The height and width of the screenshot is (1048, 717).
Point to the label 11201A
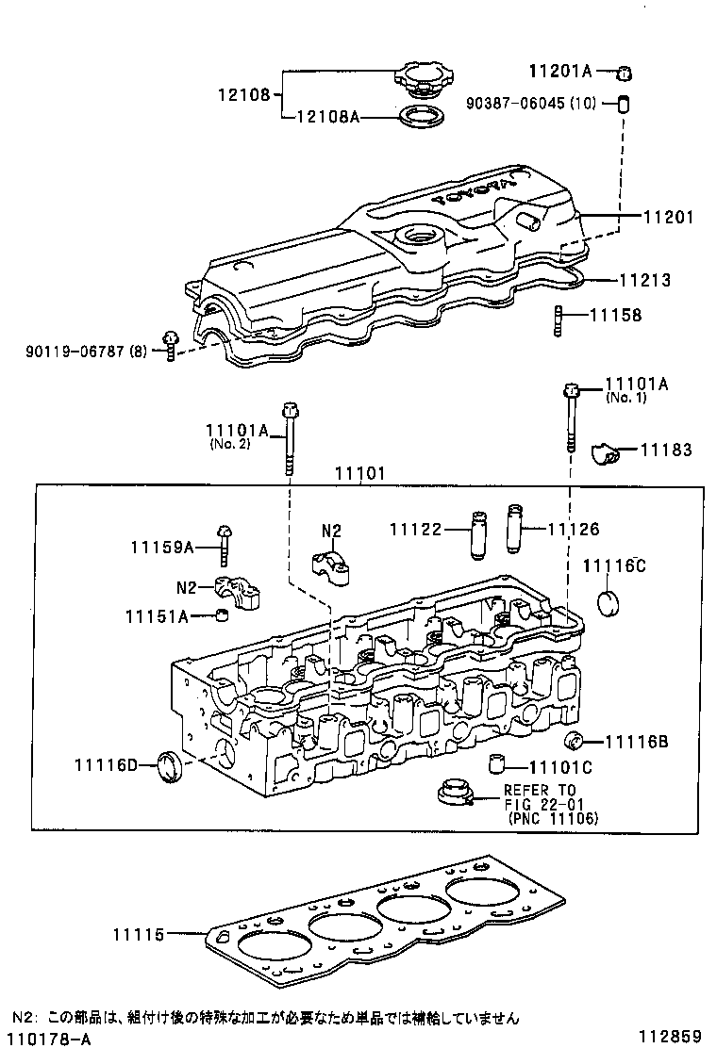coord(559,70)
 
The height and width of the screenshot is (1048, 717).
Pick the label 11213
coord(644,280)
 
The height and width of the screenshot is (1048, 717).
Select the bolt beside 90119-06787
coord(171,345)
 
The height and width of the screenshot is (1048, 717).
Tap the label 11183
coord(666,450)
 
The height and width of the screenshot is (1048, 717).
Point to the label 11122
coord(416,531)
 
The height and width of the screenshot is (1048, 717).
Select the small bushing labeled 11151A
coord(224,616)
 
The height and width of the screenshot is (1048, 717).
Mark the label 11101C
coord(560,766)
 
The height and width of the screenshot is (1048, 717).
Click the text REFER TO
coord(539,790)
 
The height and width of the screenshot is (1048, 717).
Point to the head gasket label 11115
coord(139,935)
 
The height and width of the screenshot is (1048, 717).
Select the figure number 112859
coord(670,1037)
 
